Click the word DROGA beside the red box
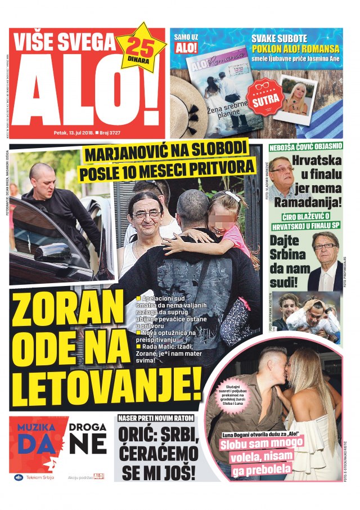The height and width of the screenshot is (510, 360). coord(88,425)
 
